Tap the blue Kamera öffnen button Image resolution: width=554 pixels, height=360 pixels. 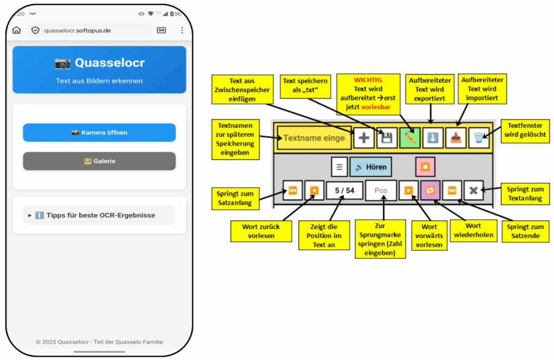99,133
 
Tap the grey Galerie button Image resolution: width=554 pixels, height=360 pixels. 99,161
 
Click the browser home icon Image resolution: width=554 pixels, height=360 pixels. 17,30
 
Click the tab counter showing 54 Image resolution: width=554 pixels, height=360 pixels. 161,30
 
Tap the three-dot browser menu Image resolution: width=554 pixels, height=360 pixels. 182,30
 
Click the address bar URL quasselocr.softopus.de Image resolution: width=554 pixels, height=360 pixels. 77,30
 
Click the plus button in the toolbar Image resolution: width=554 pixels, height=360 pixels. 364,138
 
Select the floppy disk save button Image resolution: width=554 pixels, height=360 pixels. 387,138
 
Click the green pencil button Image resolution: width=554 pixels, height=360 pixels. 410,138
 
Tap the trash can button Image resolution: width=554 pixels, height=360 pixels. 478,138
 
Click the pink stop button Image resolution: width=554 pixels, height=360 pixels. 425,167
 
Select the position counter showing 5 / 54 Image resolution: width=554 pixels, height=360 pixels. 344,191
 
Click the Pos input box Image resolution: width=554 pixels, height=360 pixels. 381,191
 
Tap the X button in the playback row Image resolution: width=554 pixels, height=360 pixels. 473,191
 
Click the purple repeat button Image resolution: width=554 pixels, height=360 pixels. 431,191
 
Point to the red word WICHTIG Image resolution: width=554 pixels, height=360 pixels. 368,80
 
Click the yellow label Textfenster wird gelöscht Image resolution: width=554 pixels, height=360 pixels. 523,130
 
